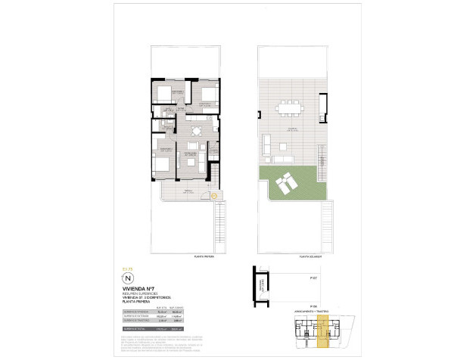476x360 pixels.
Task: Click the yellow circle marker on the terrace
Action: pyautogui.click(x=213, y=197)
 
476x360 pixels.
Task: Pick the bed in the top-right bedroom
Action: pyautogui.click(x=205, y=98)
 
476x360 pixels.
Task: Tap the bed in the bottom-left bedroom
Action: pyautogui.click(x=162, y=160)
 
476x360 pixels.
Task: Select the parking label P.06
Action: pyautogui.click(x=312, y=305)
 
